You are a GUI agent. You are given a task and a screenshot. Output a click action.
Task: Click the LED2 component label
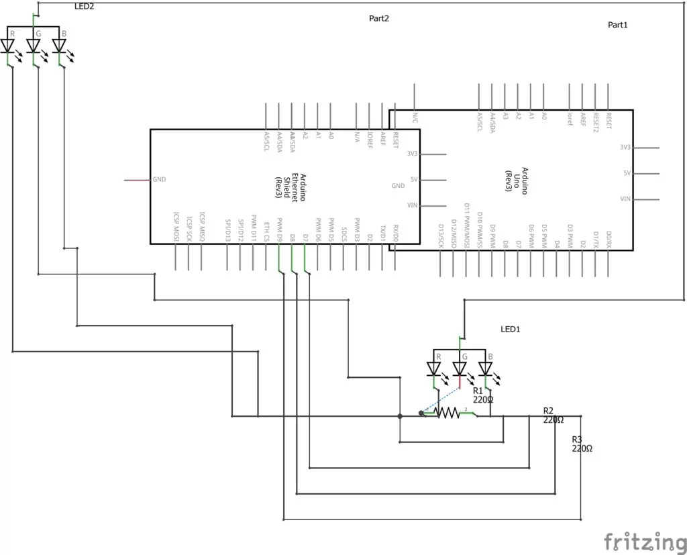[85, 7]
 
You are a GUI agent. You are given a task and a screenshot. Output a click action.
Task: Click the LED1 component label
[511, 330]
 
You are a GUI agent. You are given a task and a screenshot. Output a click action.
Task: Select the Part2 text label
[379, 18]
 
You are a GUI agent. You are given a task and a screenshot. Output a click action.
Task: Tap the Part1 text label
[618, 25]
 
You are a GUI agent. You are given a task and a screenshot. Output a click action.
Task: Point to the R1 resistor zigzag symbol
[447, 413]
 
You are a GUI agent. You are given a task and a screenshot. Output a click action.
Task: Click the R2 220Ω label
[553, 415]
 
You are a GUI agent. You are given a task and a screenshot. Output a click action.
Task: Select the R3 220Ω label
[582, 444]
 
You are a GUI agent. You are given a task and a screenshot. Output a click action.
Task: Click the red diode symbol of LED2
[9, 46]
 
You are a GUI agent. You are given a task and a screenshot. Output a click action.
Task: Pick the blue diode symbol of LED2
[59, 46]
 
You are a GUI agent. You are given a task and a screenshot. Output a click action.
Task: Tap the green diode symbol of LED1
[460, 368]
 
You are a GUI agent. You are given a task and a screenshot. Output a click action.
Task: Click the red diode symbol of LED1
[434, 368]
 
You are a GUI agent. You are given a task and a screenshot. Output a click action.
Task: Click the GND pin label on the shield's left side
[159, 180]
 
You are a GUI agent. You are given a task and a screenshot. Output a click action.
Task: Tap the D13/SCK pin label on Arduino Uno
[441, 236]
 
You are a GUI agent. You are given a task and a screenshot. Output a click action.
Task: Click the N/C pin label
[415, 118]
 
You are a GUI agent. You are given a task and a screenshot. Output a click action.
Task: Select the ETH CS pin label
[266, 231]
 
